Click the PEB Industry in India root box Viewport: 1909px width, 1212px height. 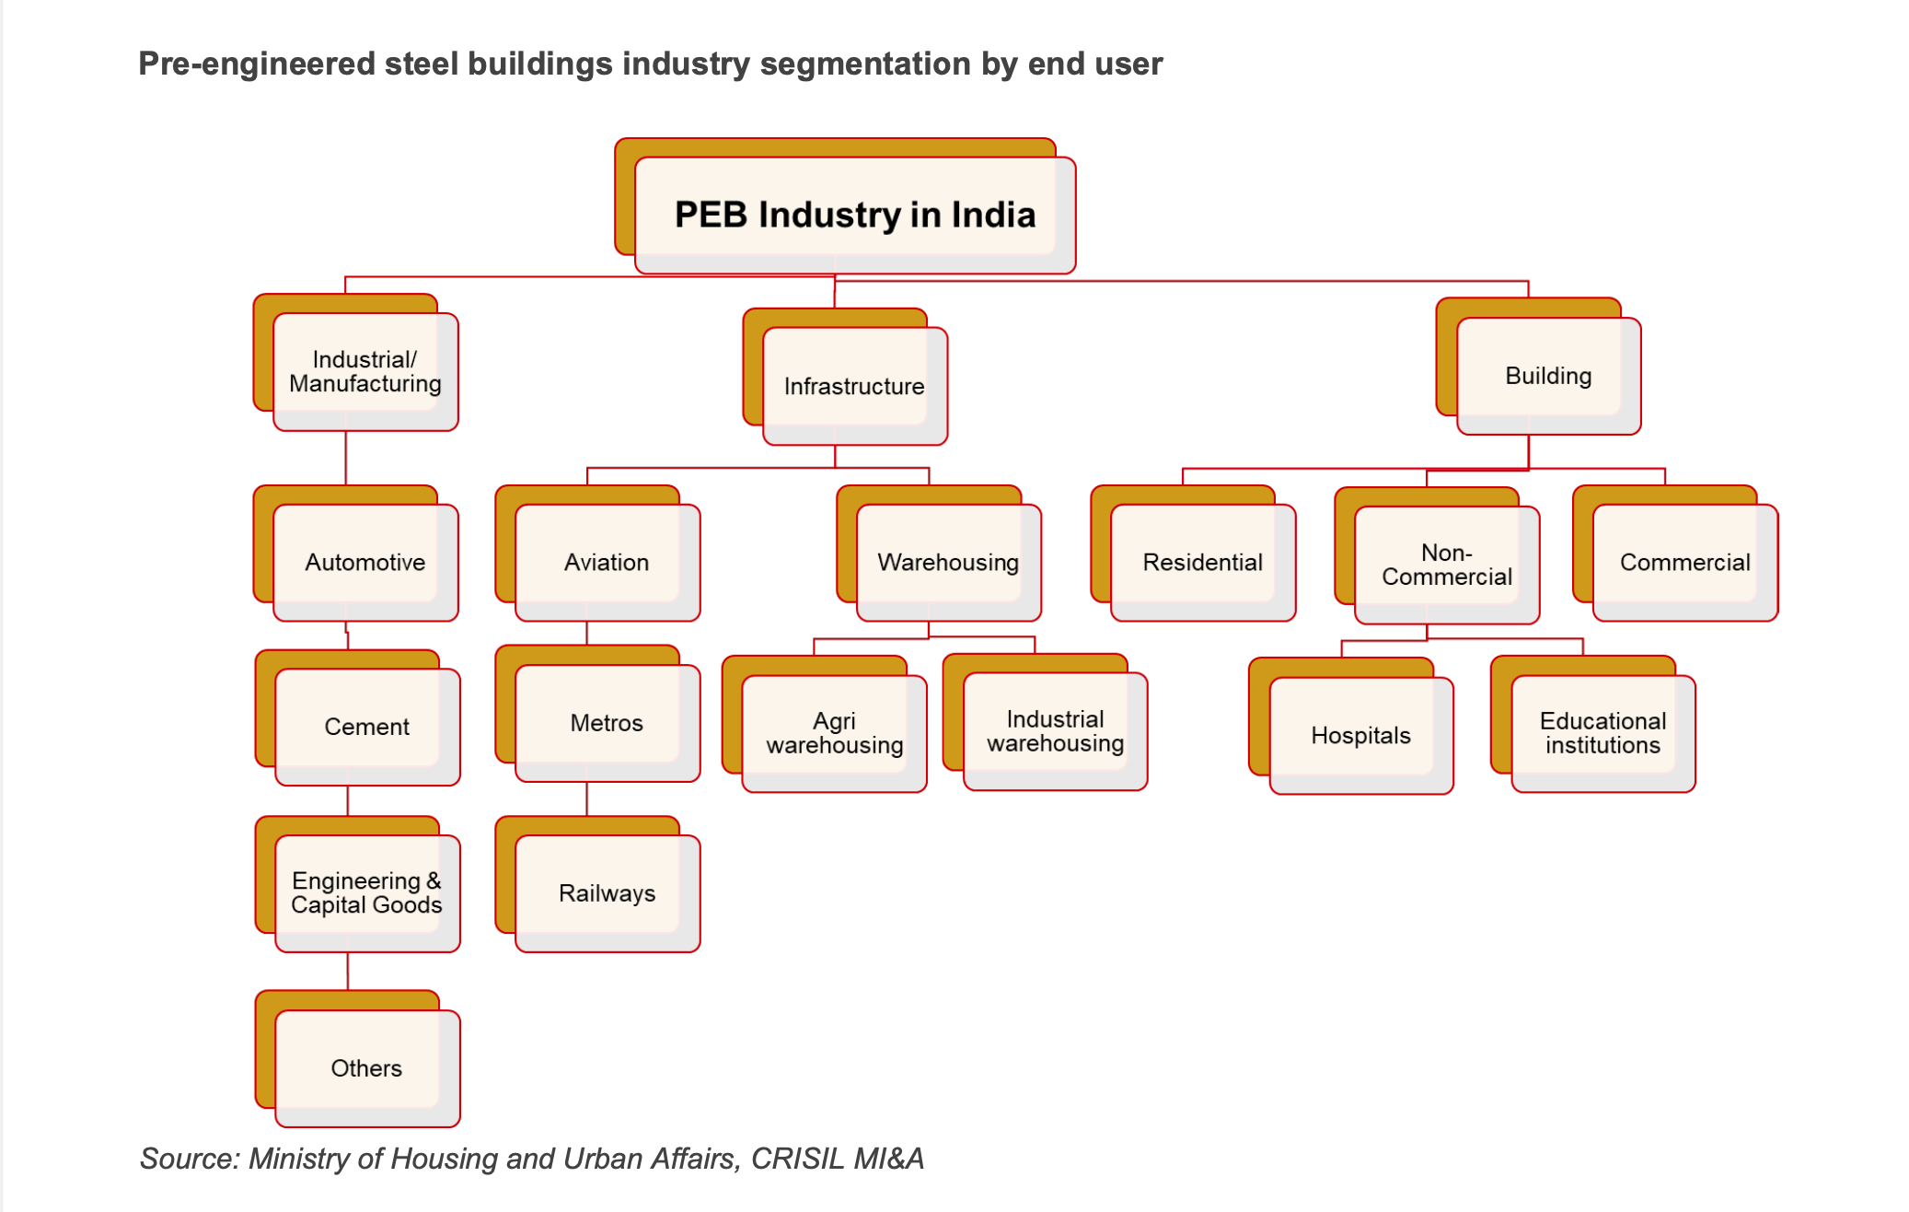coord(854,215)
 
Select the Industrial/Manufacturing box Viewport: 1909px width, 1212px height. coord(365,371)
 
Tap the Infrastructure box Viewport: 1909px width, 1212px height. coord(854,386)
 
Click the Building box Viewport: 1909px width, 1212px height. coord(1548,376)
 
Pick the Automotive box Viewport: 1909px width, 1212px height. coord(365,562)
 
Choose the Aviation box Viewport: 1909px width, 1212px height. coord(607,562)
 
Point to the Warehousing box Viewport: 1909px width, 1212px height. coord(948,562)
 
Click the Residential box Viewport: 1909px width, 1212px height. coord(1202,562)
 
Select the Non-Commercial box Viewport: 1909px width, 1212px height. coord(1446,565)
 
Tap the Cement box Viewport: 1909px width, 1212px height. coord(366,727)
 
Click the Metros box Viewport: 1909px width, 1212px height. coord(607,723)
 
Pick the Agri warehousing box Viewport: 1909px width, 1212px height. coord(834,733)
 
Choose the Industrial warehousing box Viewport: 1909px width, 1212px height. coord(1055,731)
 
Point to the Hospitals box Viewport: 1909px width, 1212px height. coord(1360,735)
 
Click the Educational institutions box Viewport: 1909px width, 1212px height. coord(1602,733)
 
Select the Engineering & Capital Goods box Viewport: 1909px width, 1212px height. coord(366,892)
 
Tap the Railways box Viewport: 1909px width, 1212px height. coord(607,893)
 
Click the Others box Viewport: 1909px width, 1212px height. coord(366,1068)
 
